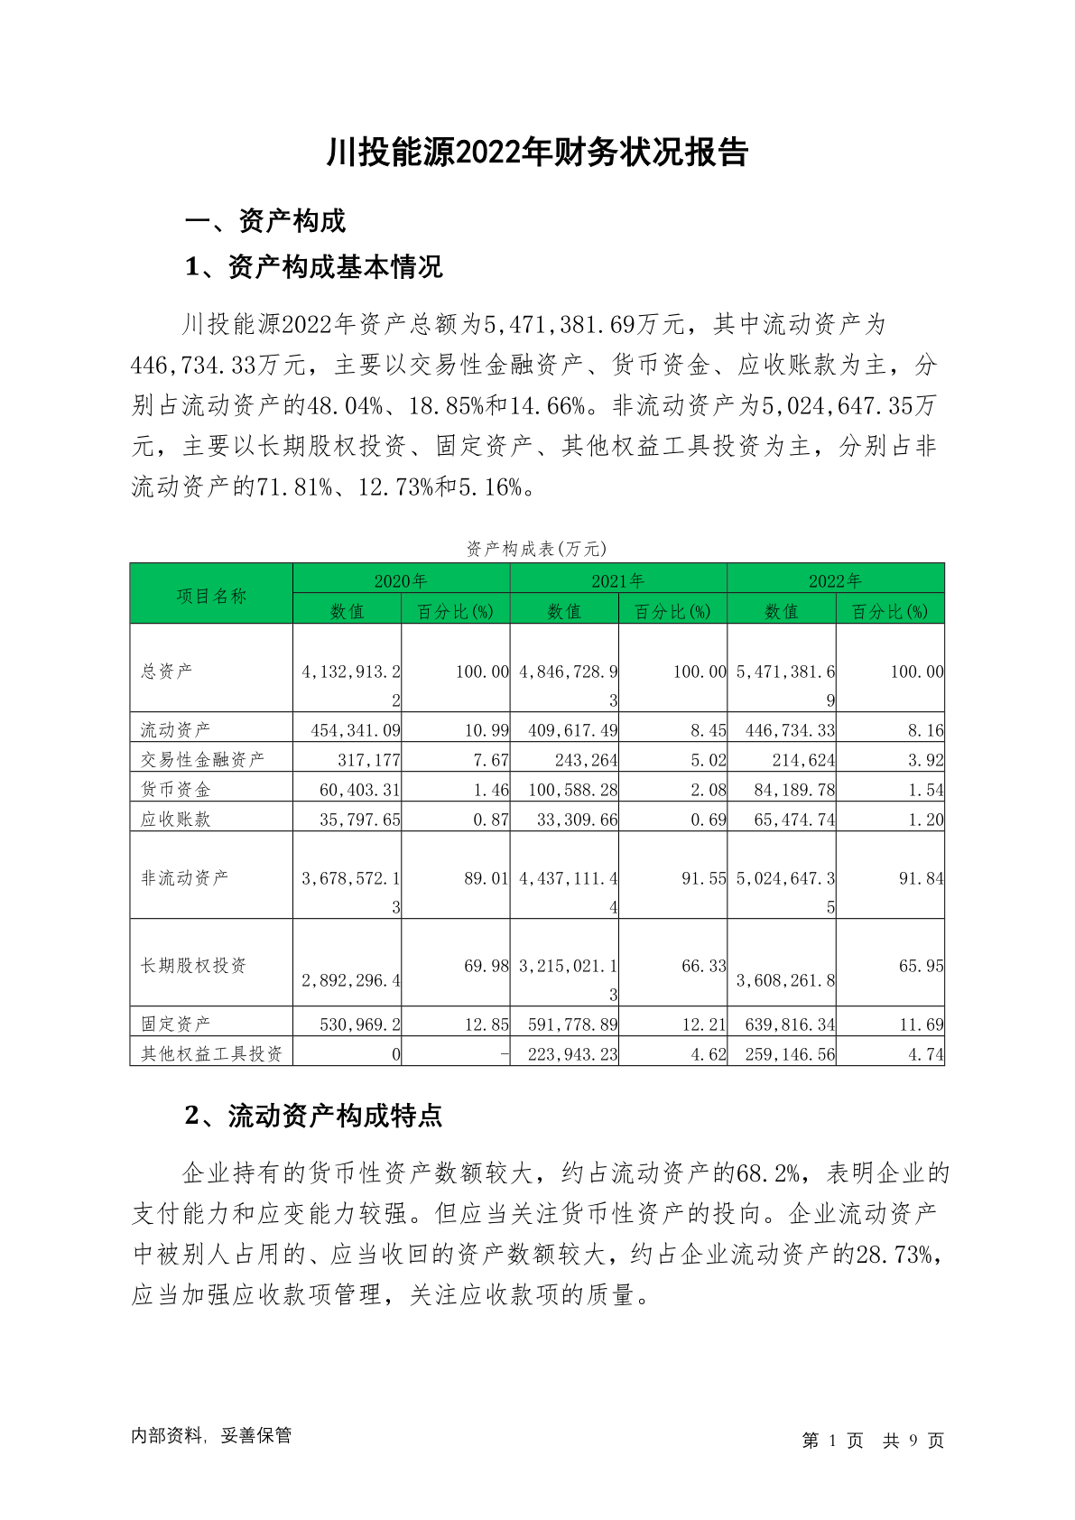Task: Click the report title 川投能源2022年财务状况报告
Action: click(537, 153)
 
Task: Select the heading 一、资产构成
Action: click(264, 221)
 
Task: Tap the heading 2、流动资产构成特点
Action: click(313, 1116)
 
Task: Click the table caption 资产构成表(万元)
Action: click(536, 549)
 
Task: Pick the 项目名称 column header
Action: click(211, 596)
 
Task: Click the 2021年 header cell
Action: click(617, 580)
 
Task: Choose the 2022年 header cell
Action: click(835, 580)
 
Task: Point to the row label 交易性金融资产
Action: click(203, 759)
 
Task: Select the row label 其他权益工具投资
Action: click(211, 1053)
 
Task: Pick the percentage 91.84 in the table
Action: click(921, 878)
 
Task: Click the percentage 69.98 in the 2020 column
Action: click(487, 966)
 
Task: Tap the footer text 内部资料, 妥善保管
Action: click(211, 1436)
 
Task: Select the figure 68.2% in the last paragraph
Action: click(768, 1173)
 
